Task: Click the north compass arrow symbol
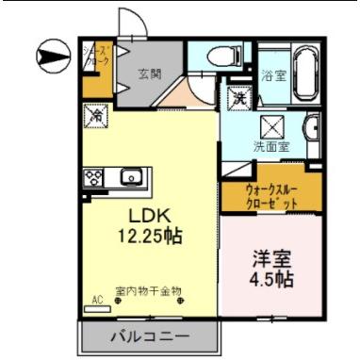[50, 56]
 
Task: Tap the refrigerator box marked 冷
[97, 116]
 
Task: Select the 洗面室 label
[271, 147]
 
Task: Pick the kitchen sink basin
[129, 175]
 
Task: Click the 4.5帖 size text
[270, 280]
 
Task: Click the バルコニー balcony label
[150, 335]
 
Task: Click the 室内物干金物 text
[148, 291]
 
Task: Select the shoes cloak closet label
[97, 58]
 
